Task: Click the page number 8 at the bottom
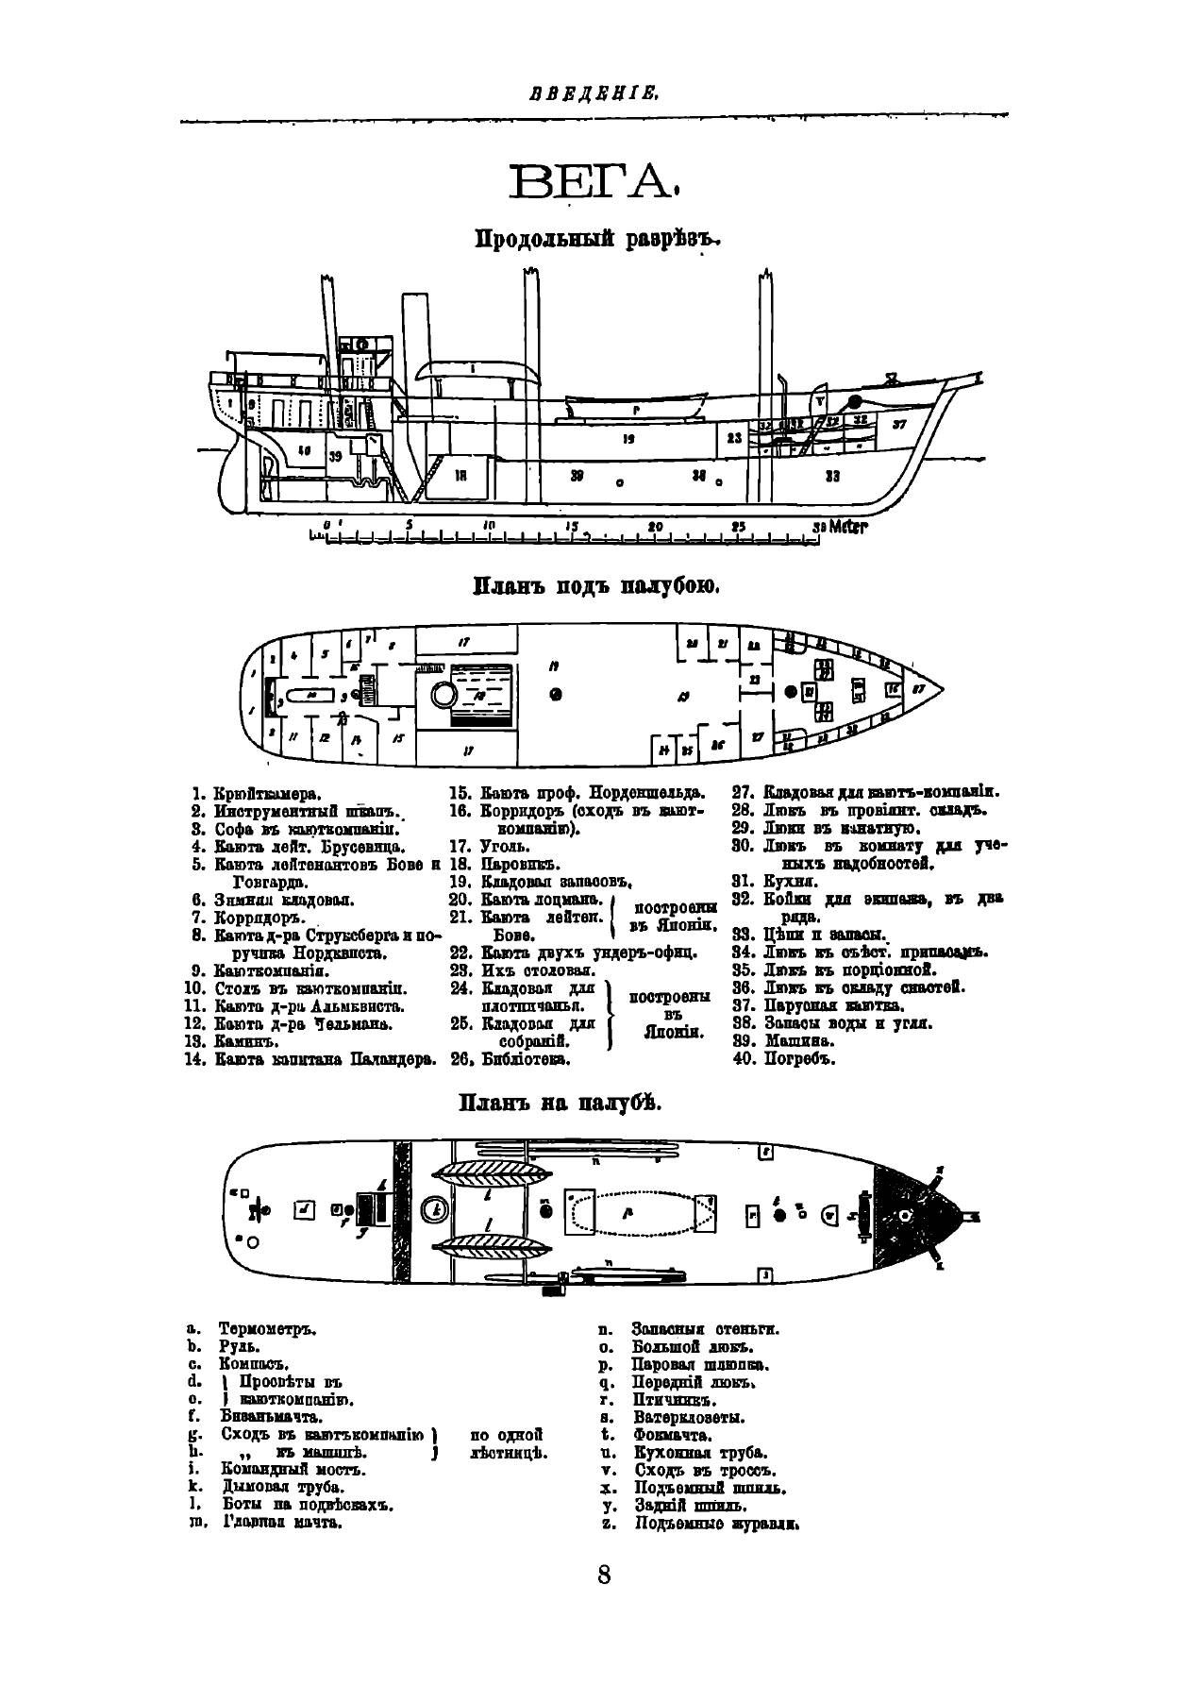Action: point(603,1575)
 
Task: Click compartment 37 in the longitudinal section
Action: point(898,424)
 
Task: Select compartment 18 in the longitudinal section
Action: point(460,476)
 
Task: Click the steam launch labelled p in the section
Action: point(636,409)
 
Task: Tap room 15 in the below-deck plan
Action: point(399,739)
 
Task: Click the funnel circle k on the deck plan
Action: point(435,1207)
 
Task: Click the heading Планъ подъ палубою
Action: point(596,587)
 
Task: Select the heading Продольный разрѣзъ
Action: point(596,240)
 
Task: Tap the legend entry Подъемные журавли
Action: point(716,1523)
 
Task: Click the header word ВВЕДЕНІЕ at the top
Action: point(594,93)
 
